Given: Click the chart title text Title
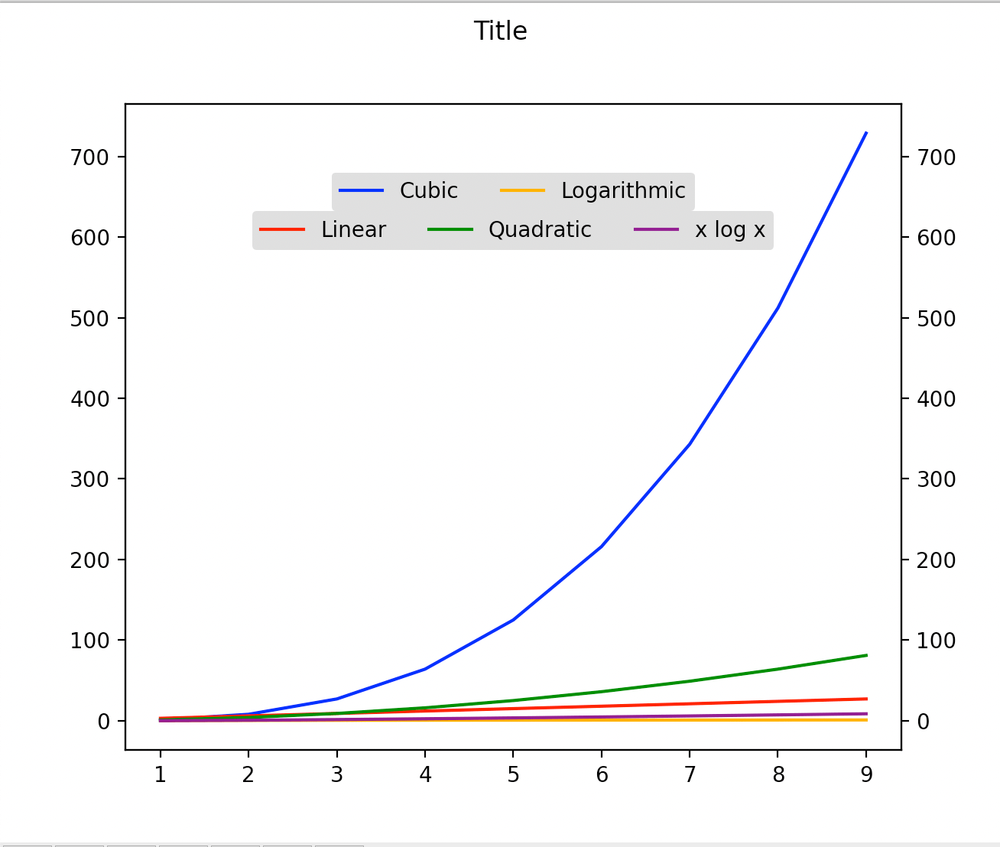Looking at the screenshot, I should (x=500, y=31).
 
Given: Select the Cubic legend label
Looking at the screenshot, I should (x=428, y=191).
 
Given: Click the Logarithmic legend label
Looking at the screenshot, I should (x=623, y=191).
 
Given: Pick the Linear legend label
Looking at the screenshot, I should (x=353, y=230).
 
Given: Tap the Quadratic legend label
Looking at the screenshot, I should (x=540, y=230).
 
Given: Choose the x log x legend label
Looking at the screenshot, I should (x=729, y=230).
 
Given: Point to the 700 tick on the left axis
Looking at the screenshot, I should (x=90, y=157).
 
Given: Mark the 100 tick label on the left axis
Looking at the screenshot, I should (x=90, y=641).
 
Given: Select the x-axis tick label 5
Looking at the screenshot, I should (x=513, y=775).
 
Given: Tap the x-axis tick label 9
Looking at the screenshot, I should (x=865, y=775).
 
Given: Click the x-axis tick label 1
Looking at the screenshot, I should (x=160, y=775).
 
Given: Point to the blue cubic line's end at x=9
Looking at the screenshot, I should (x=865, y=133).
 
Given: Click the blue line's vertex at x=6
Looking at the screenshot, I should (x=602, y=547).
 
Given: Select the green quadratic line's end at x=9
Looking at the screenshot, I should (x=865, y=655).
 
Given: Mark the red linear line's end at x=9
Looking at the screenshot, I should (x=865, y=699).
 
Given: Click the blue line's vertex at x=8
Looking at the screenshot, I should (x=778, y=308).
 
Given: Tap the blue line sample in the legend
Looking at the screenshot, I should (x=361, y=191).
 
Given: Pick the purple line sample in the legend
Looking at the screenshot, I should (x=656, y=230).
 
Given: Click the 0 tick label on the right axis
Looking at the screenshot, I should (x=924, y=722).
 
